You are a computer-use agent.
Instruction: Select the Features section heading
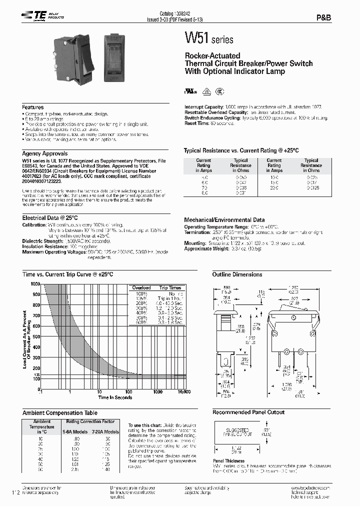click(x=33, y=107)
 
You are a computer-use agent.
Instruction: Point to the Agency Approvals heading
click(x=45, y=153)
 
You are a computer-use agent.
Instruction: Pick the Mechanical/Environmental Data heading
click(x=224, y=219)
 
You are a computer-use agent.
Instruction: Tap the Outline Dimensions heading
click(x=237, y=274)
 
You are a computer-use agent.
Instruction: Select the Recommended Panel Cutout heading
click(x=248, y=412)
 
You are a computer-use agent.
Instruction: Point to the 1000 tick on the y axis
click(x=35, y=284)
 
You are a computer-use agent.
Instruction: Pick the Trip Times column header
click(x=170, y=288)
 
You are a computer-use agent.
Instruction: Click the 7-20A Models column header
click(x=104, y=431)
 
